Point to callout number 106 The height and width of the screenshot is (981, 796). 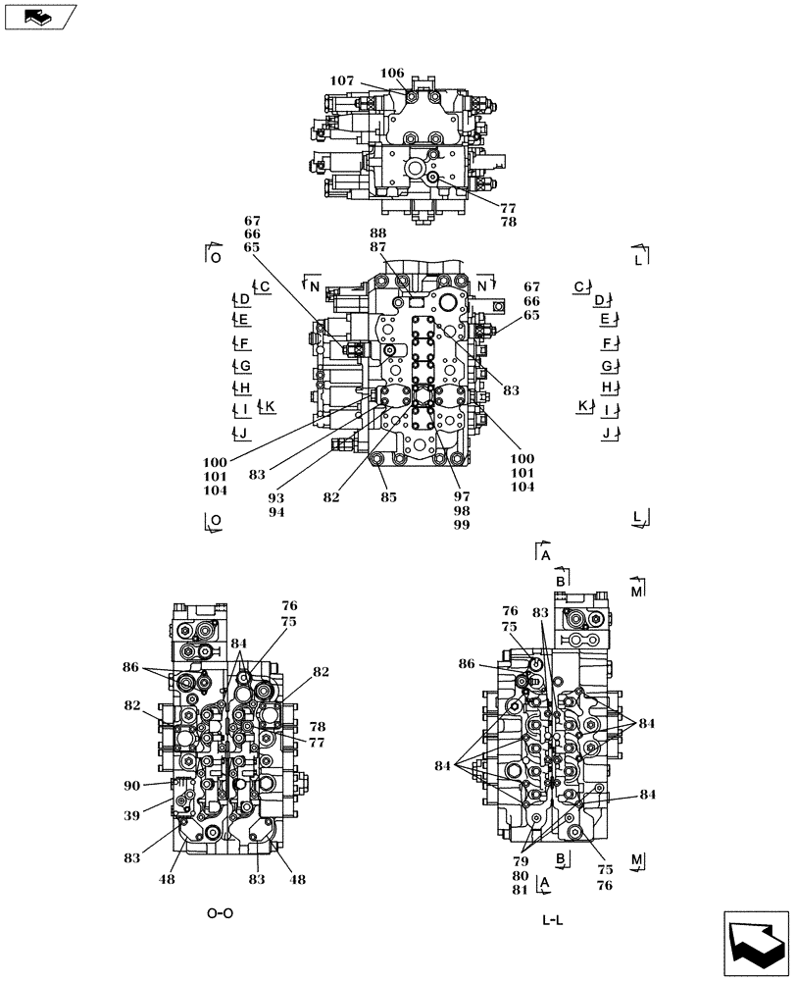pos(392,73)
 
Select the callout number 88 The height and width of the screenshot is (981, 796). pos(378,232)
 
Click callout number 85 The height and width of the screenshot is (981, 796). pos(389,497)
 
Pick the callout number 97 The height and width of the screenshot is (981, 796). pos(461,497)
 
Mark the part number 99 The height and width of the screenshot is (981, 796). pos(461,525)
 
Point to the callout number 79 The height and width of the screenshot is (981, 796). pos(519,861)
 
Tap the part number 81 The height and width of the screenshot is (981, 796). pos(519,890)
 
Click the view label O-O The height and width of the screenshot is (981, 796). pos(220,913)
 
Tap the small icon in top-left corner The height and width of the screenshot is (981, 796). pos(38,16)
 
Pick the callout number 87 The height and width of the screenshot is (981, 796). pos(378,247)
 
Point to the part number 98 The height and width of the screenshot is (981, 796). pos(461,511)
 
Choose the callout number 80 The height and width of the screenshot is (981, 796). pos(519,876)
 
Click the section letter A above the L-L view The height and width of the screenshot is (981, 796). pos(545,555)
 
